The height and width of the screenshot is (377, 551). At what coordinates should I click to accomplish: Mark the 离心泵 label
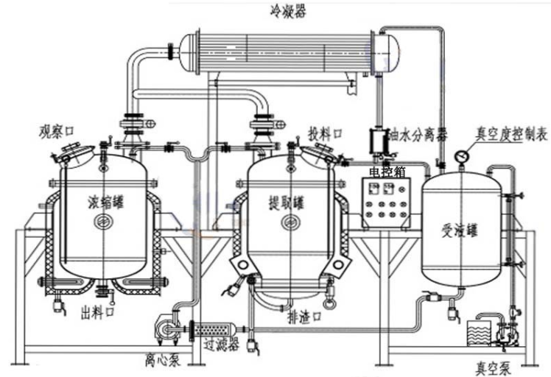164,361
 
